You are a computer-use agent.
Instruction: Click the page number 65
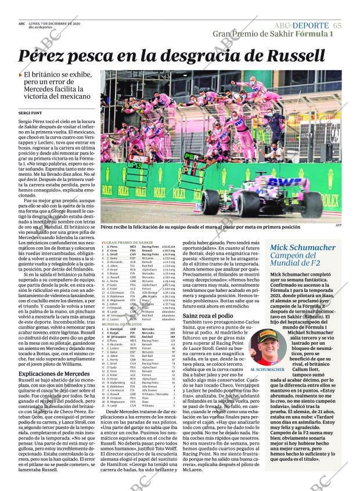(337, 26)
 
